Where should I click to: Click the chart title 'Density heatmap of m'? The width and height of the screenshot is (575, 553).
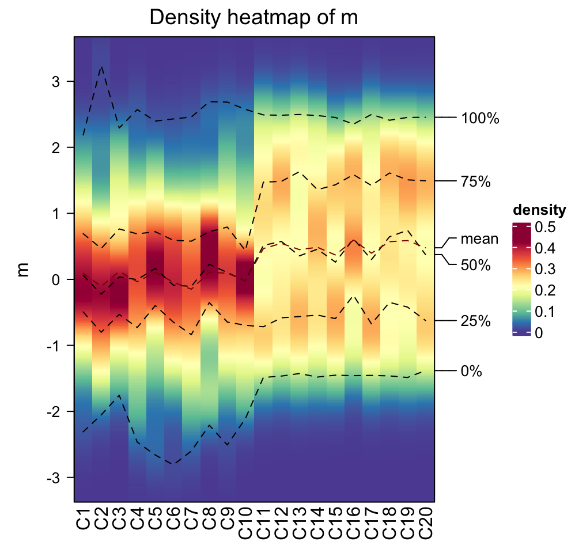(x=254, y=18)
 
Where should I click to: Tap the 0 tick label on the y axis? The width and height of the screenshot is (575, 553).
(x=56, y=280)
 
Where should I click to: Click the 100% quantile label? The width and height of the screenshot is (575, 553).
(x=479, y=119)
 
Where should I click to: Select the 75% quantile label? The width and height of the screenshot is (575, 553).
(x=475, y=183)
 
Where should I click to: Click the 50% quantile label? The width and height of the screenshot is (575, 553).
(x=475, y=266)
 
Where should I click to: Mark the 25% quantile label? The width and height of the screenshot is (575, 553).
(x=475, y=321)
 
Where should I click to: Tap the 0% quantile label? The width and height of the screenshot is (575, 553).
(x=471, y=372)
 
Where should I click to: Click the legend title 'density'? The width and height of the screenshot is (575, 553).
(x=539, y=209)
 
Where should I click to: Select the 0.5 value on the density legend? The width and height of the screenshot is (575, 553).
(x=544, y=228)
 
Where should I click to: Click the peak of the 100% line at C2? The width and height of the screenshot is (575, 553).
(x=101, y=66)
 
